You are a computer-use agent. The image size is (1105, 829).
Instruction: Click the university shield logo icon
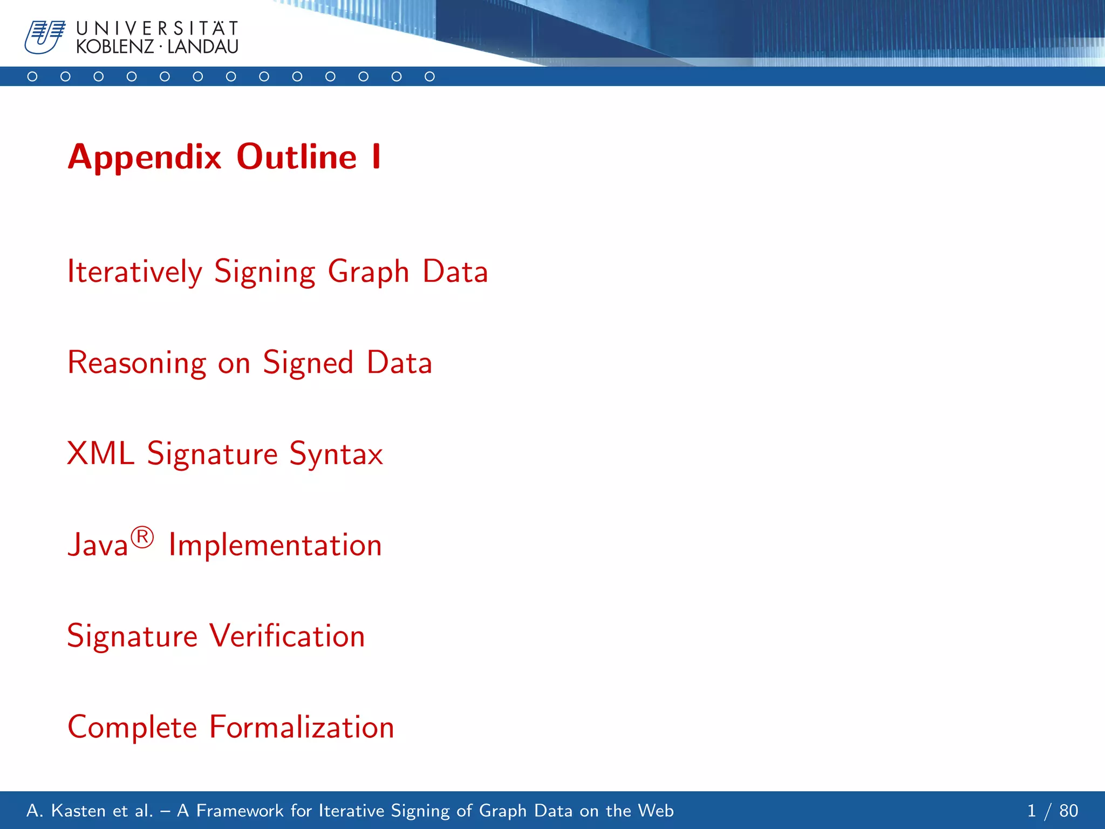(x=44, y=37)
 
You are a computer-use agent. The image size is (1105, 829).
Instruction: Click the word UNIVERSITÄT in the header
(x=157, y=28)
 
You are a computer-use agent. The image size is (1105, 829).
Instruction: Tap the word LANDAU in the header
(x=203, y=47)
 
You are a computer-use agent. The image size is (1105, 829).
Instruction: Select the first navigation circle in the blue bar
(x=32, y=77)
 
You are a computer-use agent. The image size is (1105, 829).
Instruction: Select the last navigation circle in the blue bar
(x=429, y=77)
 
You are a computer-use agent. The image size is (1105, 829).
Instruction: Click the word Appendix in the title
(x=145, y=157)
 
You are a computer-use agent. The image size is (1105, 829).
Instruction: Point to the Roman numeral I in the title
(x=376, y=157)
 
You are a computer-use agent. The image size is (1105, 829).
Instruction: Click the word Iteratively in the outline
(x=134, y=271)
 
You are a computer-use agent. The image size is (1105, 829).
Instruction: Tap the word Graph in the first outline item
(x=369, y=273)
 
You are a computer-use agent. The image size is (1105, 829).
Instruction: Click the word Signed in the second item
(x=308, y=363)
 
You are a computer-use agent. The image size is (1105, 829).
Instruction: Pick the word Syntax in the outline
(x=336, y=454)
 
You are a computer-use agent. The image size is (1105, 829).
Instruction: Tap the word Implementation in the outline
(x=275, y=545)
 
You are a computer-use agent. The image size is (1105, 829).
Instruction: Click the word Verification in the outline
(x=287, y=636)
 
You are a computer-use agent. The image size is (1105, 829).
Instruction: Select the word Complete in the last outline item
(x=133, y=728)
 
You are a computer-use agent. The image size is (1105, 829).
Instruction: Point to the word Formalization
(x=302, y=727)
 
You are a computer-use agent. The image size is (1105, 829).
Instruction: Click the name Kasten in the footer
(x=79, y=811)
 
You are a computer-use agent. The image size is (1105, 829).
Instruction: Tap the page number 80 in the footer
(x=1068, y=811)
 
